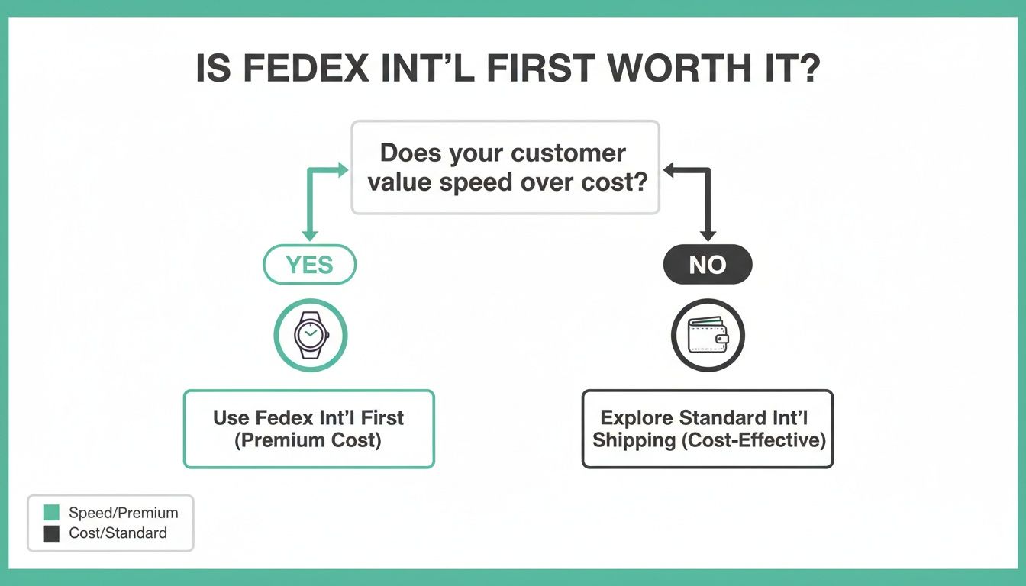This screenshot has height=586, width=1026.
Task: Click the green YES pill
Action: coord(309,265)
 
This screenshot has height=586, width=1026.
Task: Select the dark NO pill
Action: coord(707,265)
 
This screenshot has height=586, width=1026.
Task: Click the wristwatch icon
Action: coord(311,335)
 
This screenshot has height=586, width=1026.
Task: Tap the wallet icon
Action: coord(708,335)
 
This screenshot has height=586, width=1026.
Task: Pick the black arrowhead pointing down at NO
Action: coord(708,236)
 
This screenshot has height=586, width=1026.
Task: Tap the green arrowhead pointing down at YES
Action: coord(309,236)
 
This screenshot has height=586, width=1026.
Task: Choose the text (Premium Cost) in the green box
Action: coord(308,440)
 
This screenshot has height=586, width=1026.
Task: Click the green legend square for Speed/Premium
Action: coord(51,513)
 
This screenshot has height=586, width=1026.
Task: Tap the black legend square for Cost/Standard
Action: coord(51,533)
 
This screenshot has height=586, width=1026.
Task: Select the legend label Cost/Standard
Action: coord(118,533)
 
